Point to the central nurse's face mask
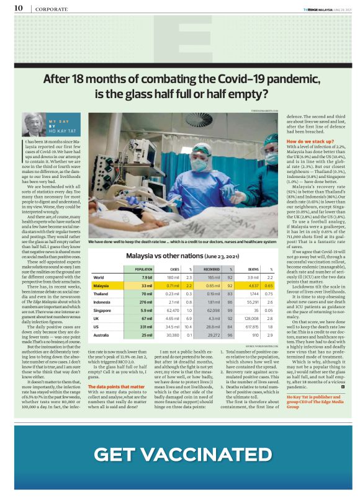pyautogui.click(x=199, y=166)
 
